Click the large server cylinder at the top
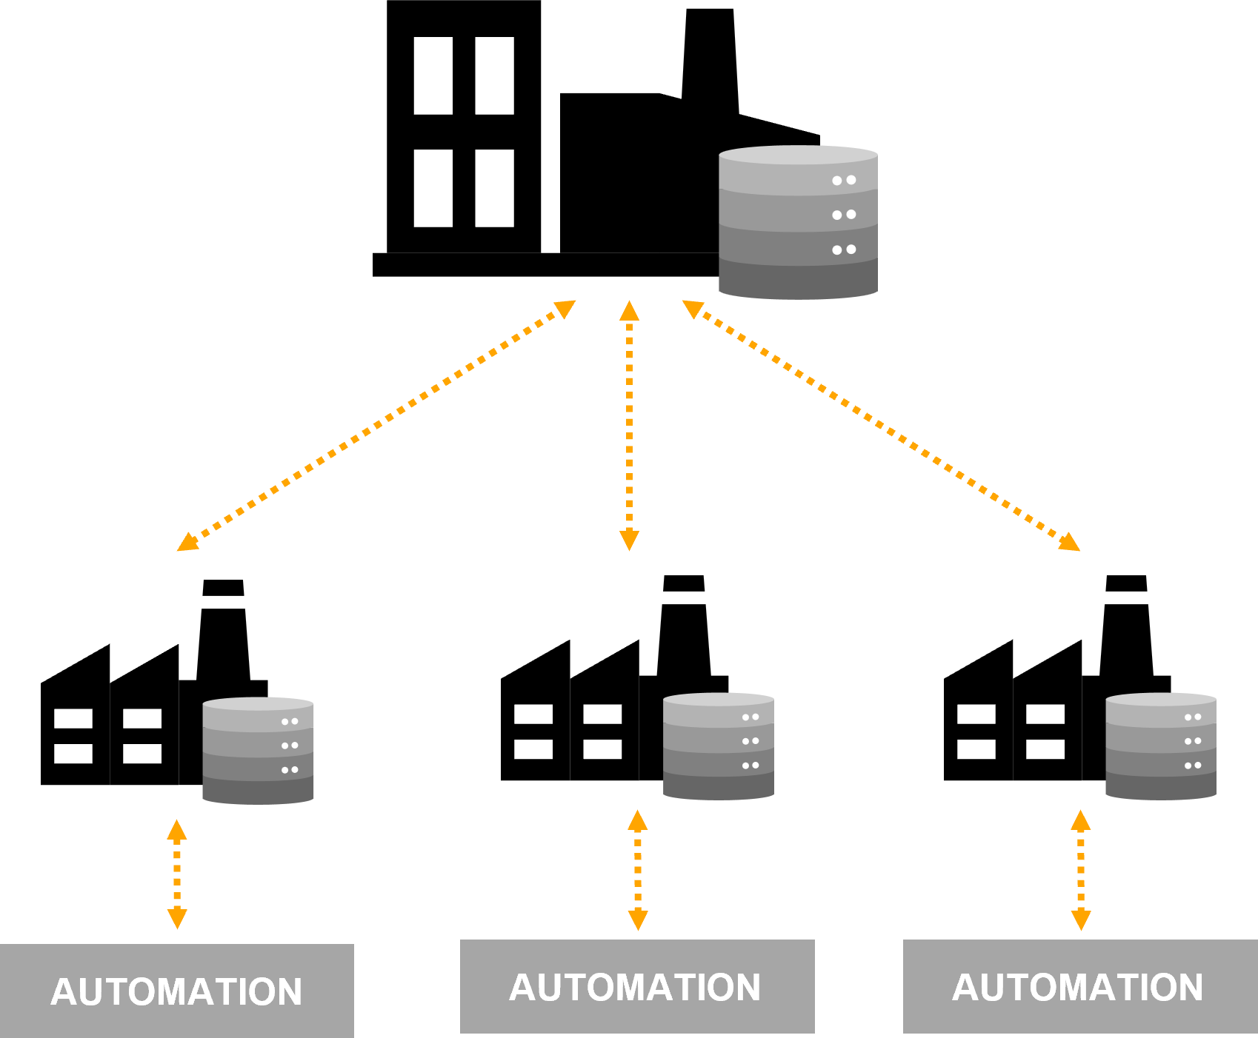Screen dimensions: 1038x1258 (797, 222)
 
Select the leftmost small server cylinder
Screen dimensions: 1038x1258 (258, 751)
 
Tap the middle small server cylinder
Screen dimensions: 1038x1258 (718, 746)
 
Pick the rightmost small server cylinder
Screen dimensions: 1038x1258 (1160, 746)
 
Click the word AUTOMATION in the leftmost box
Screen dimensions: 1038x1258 (176, 991)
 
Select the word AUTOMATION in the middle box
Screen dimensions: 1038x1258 (635, 987)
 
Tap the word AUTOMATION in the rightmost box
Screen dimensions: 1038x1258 (1077, 987)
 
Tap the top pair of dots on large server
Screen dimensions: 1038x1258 (844, 180)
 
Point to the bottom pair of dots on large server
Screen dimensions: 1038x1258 (844, 250)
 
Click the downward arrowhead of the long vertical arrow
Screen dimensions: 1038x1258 (629, 541)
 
